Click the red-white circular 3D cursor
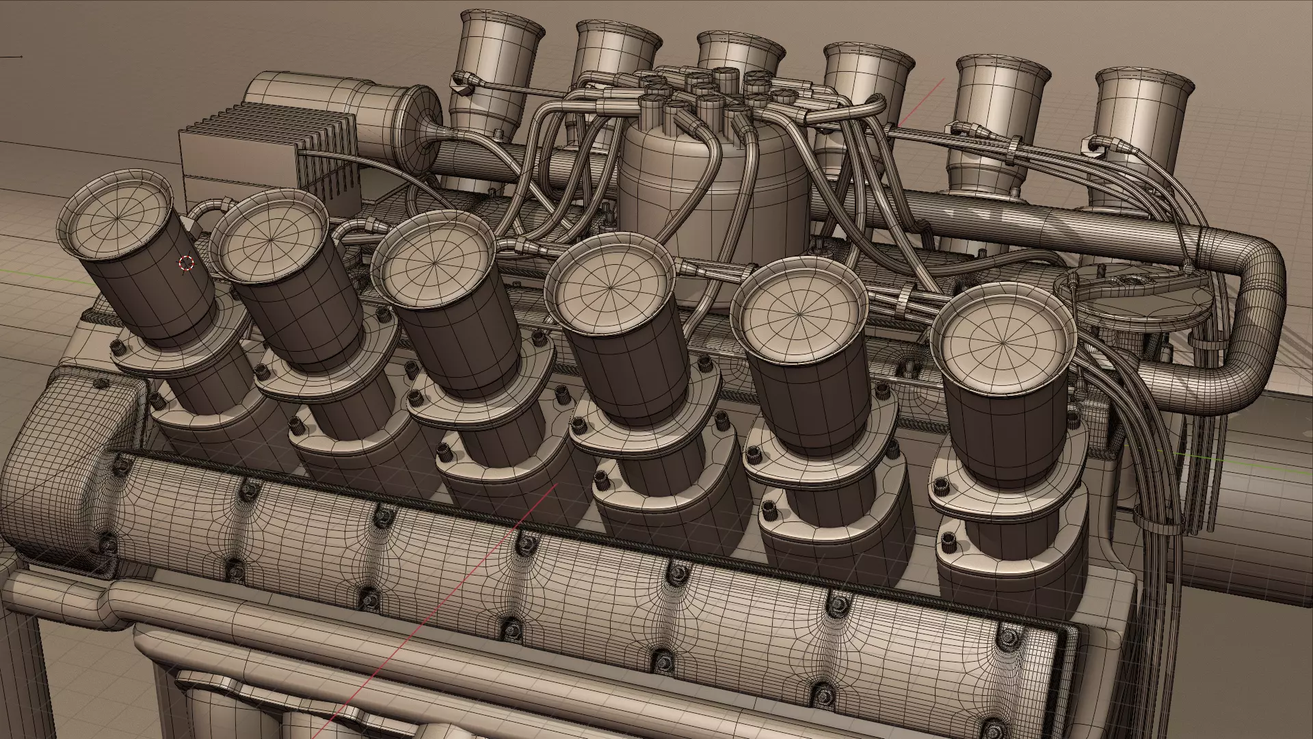(186, 263)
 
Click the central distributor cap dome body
(713, 185)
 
